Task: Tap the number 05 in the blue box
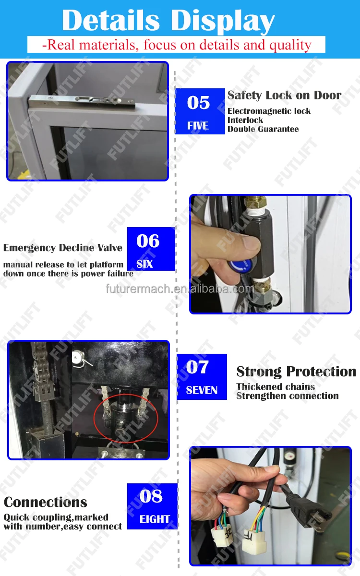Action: click(x=198, y=103)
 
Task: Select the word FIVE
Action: click(x=198, y=125)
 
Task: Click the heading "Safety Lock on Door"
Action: click(x=284, y=95)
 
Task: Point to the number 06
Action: click(x=148, y=241)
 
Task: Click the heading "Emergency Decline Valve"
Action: click(x=63, y=248)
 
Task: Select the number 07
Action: click(x=197, y=367)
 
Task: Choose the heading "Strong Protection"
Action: click(x=296, y=372)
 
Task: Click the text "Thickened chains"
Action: click(x=276, y=386)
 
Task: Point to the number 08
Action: click(x=151, y=496)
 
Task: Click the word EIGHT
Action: click(x=155, y=519)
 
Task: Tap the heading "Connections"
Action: click(x=46, y=502)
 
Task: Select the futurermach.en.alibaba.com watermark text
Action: click(x=180, y=289)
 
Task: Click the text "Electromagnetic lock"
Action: click(x=269, y=111)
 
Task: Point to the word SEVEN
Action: click(x=202, y=390)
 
